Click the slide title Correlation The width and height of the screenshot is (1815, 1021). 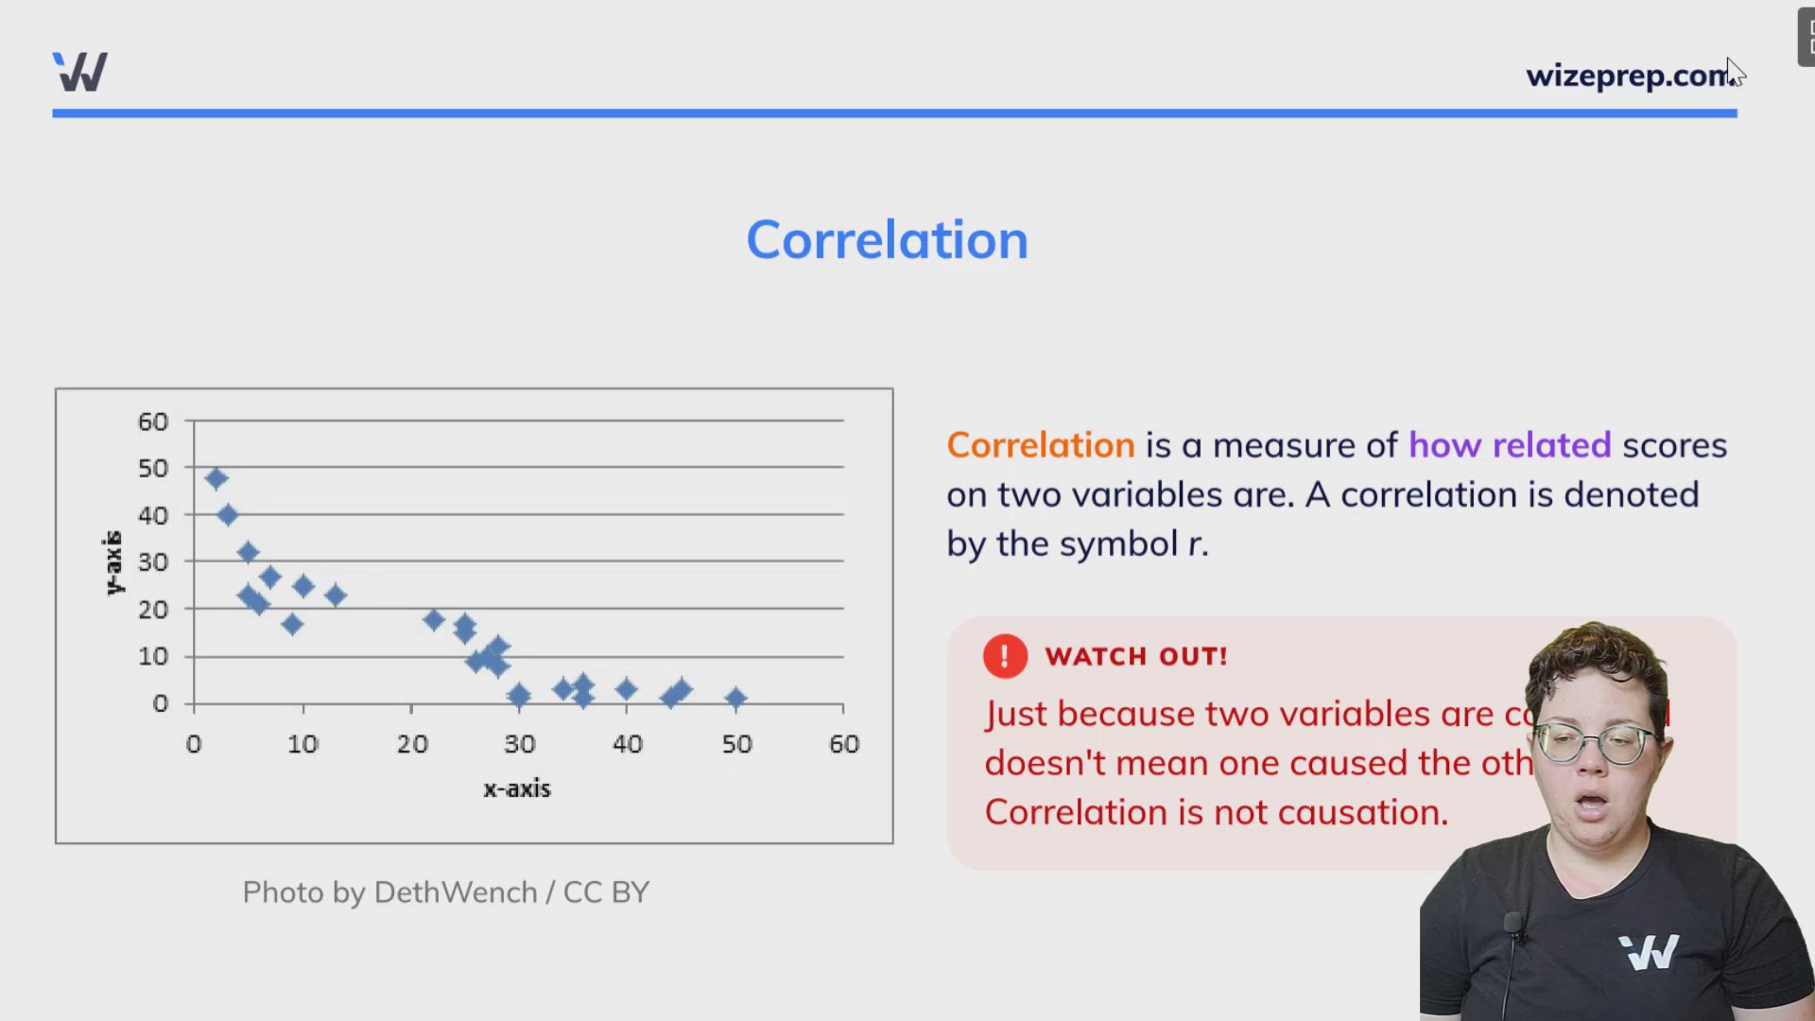[887, 240]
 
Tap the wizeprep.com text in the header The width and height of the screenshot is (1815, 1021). [1628, 76]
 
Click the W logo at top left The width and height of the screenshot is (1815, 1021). [80, 72]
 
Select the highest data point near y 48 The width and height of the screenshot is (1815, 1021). [216, 478]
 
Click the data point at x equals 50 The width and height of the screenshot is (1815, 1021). [736, 699]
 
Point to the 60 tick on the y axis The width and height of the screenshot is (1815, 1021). [152, 422]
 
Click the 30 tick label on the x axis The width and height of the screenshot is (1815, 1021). [519, 745]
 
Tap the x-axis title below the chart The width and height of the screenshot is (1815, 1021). [516, 788]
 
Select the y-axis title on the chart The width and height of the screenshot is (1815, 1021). [113, 563]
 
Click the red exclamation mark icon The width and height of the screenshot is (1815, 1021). [1005, 656]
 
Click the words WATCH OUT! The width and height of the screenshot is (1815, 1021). [1135, 657]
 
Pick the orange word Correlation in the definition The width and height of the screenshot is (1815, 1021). [1040, 445]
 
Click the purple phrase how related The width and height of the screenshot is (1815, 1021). [1509, 445]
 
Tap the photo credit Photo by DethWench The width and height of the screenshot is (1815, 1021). [445, 892]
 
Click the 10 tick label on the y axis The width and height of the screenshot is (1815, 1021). [152, 656]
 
